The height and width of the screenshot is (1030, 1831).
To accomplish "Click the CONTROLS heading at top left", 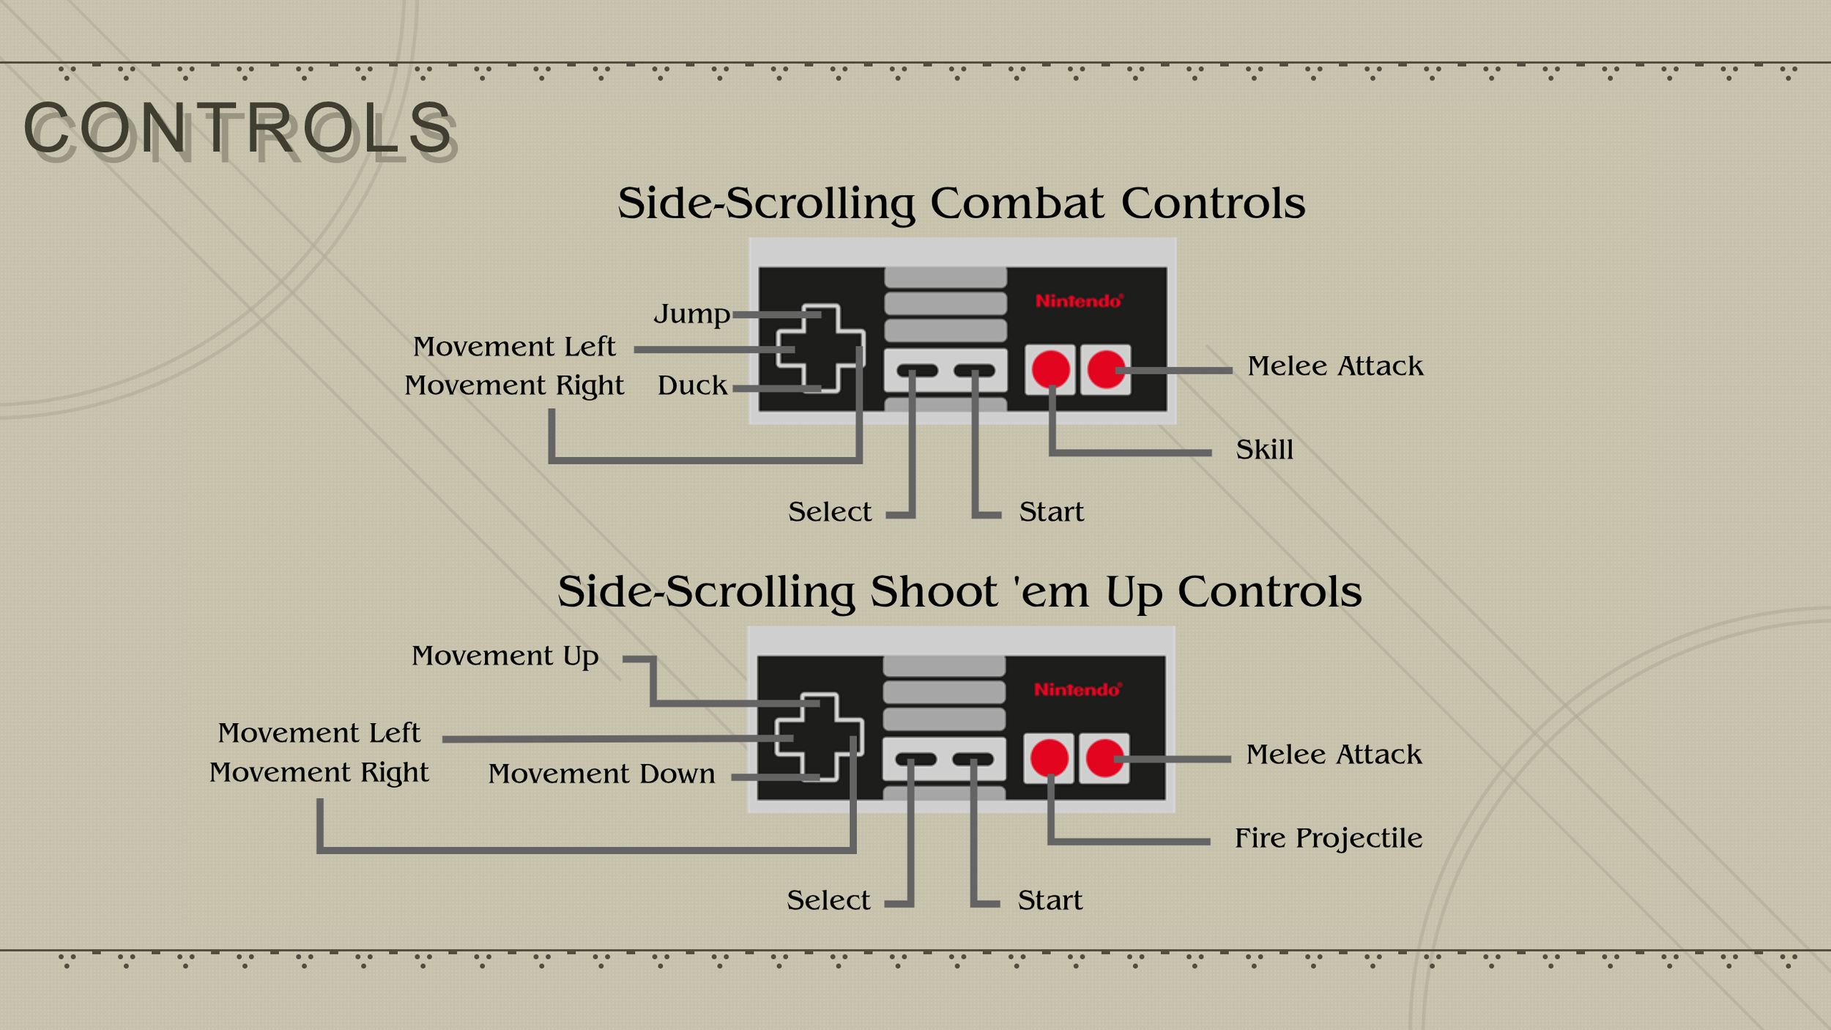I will [x=238, y=129].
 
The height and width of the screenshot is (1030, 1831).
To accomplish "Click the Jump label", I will [x=691, y=314].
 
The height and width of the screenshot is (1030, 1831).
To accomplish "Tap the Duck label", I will [x=692, y=385].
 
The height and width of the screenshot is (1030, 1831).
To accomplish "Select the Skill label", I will [x=1264, y=450].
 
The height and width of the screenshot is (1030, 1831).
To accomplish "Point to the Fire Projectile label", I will [x=1328, y=838].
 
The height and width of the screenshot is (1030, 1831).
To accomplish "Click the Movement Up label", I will [x=505, y=656].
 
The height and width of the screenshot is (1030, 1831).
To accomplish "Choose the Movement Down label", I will [x=601, y=774].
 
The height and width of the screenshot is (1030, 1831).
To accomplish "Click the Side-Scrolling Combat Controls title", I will [x=961, y=203].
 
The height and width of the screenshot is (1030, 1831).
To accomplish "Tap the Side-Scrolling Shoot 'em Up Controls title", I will [x=959, y=591].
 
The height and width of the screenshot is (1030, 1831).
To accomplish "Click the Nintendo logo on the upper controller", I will [x=1078, y=301].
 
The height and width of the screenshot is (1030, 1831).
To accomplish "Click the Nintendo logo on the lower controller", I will [x=1077, y=689].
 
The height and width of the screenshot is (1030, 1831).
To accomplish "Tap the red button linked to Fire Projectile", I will [x=1050, y=757].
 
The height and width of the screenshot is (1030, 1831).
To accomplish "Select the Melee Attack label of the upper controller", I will [x=1335, y=366].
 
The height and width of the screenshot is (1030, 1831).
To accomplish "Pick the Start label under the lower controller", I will [x=1050, y=900].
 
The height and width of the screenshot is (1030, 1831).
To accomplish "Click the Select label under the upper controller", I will [x=830, y=512].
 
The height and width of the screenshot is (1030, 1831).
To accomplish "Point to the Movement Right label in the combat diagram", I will [x=514, y=385].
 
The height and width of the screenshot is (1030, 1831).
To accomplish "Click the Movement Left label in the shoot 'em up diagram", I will [x=319, y=733].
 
